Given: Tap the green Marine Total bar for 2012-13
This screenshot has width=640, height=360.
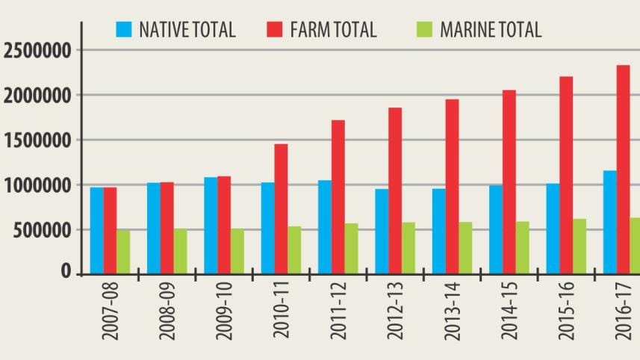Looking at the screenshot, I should pos(408,247).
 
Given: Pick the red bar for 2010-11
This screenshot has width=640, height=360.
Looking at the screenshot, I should pos(281,208).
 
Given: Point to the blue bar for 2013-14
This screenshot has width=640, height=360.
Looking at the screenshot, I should pos(439,231).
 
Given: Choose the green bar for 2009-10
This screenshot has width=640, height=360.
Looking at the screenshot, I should pos(237,251).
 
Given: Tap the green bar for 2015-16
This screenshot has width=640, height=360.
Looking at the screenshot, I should pos(580,246).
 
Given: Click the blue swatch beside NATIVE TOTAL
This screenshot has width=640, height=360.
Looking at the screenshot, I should pos(123,30).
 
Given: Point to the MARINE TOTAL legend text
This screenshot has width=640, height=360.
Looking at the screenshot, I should pos(491,30).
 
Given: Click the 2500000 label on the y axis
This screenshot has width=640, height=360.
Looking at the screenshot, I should pos(37,52).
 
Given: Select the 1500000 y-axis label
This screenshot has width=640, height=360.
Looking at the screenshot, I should pos(37,140).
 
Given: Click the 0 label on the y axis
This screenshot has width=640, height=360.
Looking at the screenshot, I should pos(66,273).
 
